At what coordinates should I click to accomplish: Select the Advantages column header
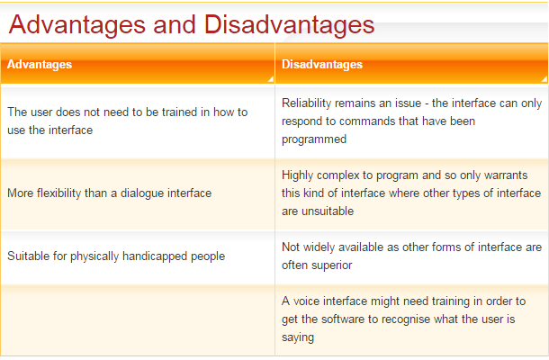pyautogui.click(x=40, y=65)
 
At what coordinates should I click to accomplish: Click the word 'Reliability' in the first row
pyautogui.click(x=307, y=103)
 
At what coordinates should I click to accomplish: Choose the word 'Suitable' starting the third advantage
pyautogui.click(x=28, y=256)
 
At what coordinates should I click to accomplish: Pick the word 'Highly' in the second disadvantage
pyautogui.click(x=299, y=175)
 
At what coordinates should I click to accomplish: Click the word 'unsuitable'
pyautogui.click(x=329, y=211)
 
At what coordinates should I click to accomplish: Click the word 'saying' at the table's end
pyautogui.click(x=298, y=337)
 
